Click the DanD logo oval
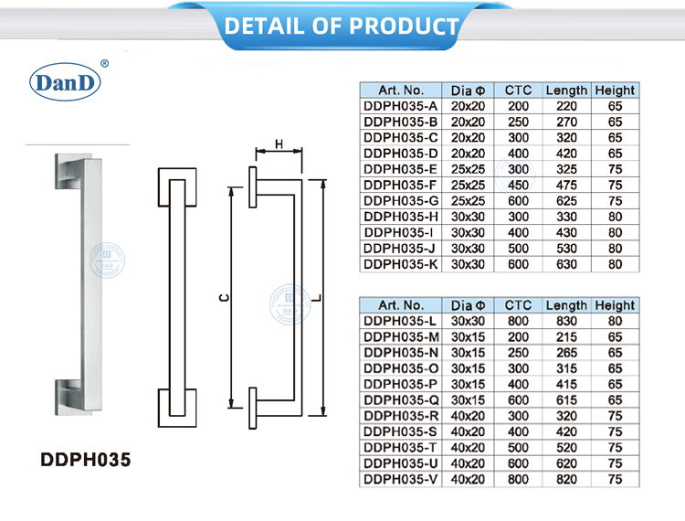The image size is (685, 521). point(65,82)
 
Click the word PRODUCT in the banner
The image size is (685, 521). point(404,27)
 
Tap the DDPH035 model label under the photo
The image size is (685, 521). point(86,460)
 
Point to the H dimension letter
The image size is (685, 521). point(279,144)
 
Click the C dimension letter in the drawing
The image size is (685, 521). point(224,298)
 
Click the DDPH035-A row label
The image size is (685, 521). point(400,106)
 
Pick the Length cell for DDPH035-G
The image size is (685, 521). point(566,201)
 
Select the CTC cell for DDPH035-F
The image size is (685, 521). point(518,186)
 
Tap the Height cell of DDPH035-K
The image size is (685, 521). point(615,264)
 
